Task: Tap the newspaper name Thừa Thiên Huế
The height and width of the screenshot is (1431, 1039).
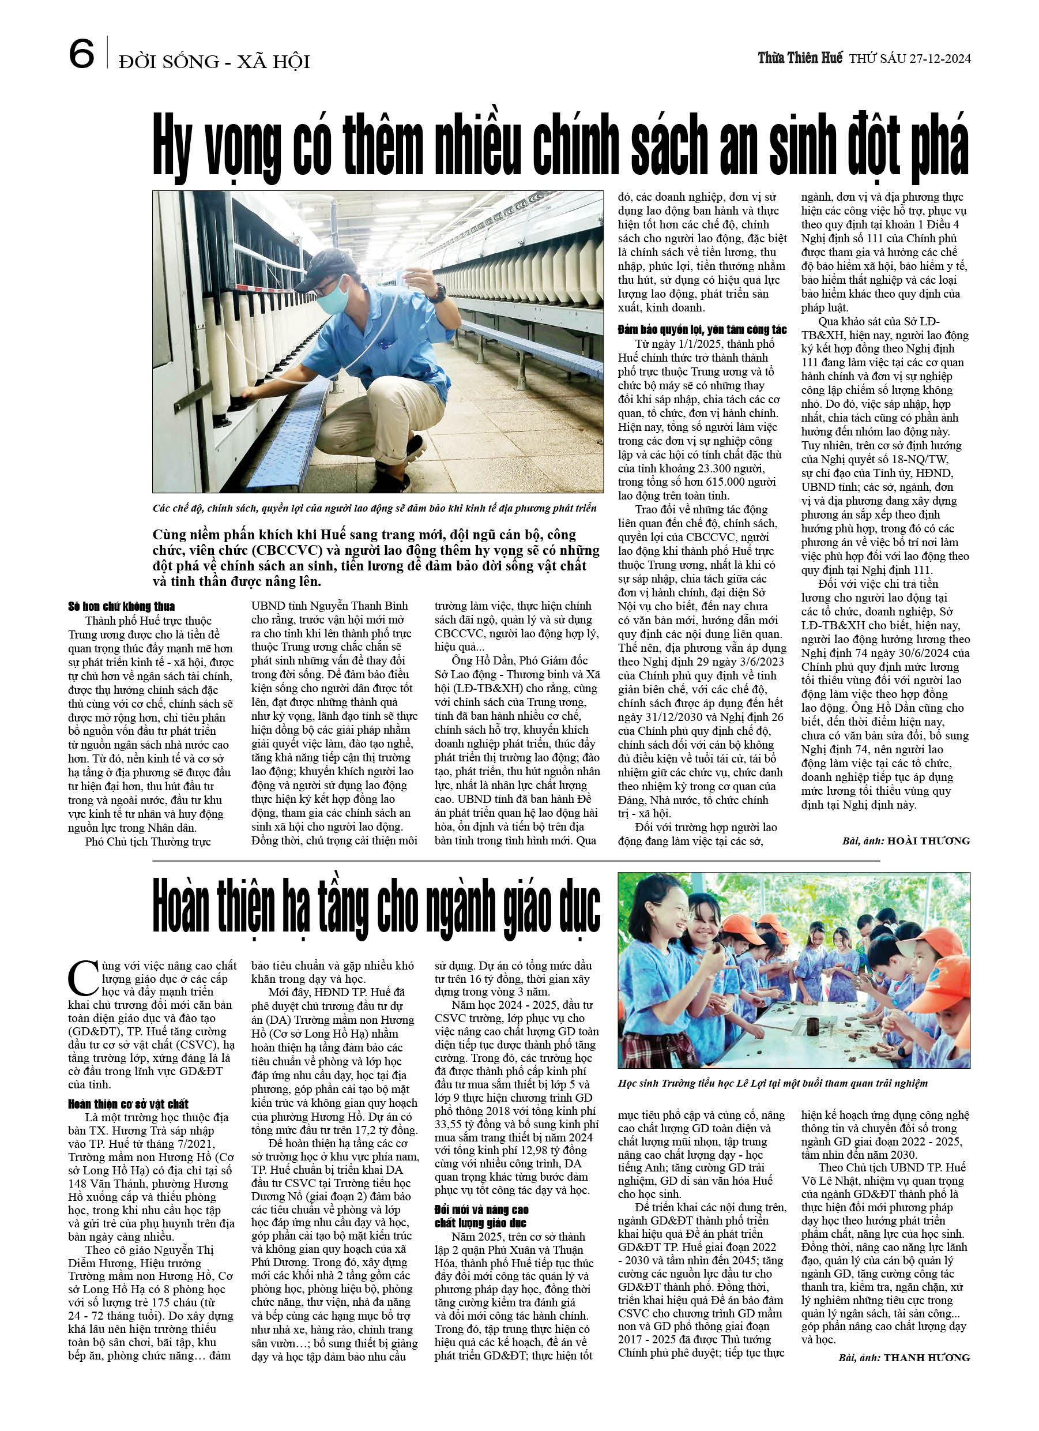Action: click(799, 59)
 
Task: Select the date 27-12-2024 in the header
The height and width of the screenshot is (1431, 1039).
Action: click(939, 59)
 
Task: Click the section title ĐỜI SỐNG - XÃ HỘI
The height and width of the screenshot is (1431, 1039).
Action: click(214, 62)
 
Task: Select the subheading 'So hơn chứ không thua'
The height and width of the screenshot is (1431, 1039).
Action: click(121, 606)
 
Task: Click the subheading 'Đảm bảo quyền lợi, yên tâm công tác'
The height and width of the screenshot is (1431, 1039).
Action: click(702, 329)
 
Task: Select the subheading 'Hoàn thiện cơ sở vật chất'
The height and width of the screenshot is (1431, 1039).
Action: click(128, 1103)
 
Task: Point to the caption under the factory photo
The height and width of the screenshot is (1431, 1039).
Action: click(374, 508)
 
